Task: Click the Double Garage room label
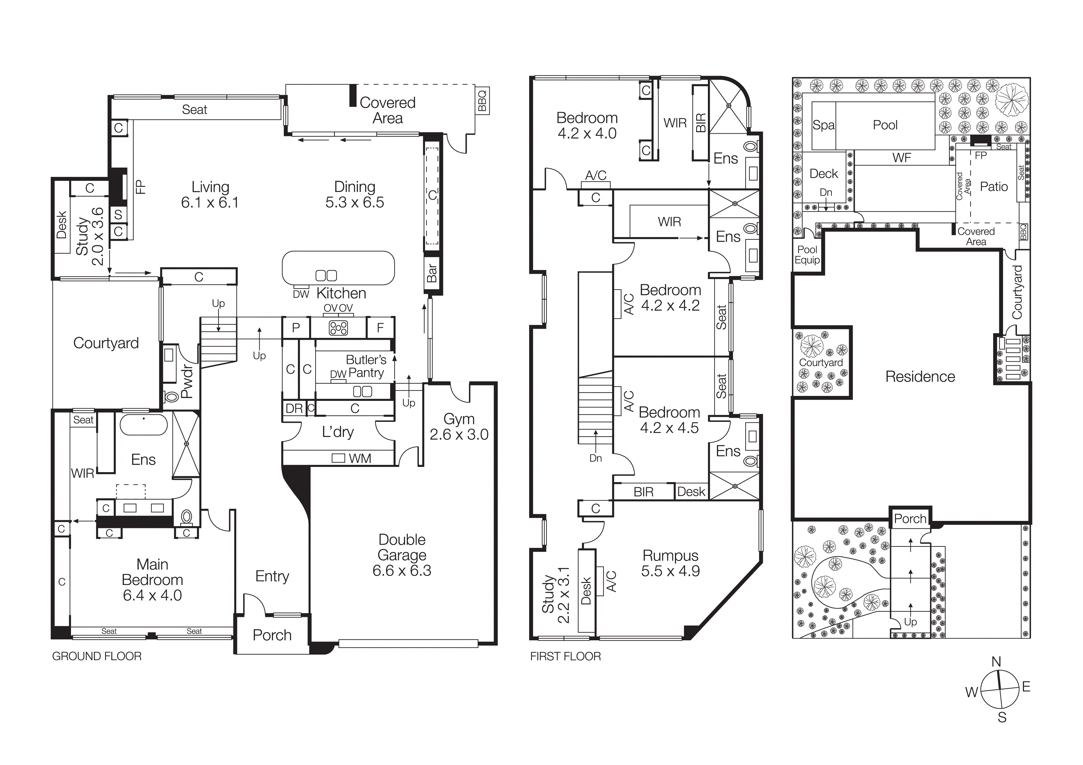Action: (x=402, y=555)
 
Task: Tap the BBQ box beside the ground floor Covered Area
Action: (x=482, y=100)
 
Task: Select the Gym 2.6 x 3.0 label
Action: (x=458, y=426)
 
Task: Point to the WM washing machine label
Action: (x=359, y=458)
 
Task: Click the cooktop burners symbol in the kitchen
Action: (x=338, y=328)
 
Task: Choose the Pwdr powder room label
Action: (x=187, y=381)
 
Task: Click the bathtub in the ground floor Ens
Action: (x=143, y=425)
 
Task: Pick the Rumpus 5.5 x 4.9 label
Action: (x=670, y=563)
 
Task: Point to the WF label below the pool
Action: (x=901, y=158)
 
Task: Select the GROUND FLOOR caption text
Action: (x=97, y=656)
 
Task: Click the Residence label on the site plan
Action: (x=920, y=376)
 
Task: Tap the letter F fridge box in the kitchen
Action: (x=380, y=328)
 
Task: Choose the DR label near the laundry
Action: (x=294, y=409)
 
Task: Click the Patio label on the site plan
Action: (x=993, y=187)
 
